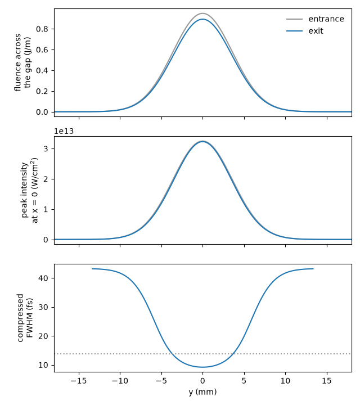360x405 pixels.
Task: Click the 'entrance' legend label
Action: [326, 19]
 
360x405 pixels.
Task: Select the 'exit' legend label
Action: [316, 31]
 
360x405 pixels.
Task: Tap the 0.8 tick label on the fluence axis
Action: [42, 29]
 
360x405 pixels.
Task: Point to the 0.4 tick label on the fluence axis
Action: [42, 70]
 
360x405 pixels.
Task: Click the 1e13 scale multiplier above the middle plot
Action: [64, 131]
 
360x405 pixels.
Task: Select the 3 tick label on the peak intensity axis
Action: [46, 148]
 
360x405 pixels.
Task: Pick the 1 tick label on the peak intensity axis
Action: [46, 209]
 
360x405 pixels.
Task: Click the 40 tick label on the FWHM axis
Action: [43, 278]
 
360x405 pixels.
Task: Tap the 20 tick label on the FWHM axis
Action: [43, 336]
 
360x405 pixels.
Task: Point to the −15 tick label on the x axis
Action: [79, 381]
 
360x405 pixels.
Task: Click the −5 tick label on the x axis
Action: [161, 381]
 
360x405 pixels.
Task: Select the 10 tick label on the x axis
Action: [285, 381]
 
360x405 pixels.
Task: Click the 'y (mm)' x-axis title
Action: [202, 392]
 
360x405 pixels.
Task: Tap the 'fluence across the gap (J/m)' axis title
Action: [22, 62]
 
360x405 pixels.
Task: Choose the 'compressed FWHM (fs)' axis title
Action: [25, 318]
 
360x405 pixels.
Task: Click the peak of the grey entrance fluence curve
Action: [202, 13]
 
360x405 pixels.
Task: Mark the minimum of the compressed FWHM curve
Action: [202, 367]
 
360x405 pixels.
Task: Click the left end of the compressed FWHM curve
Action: [92, 269]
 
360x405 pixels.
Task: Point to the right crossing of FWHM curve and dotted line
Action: [233, 354]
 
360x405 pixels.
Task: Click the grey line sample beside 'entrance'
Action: [294, 19]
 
